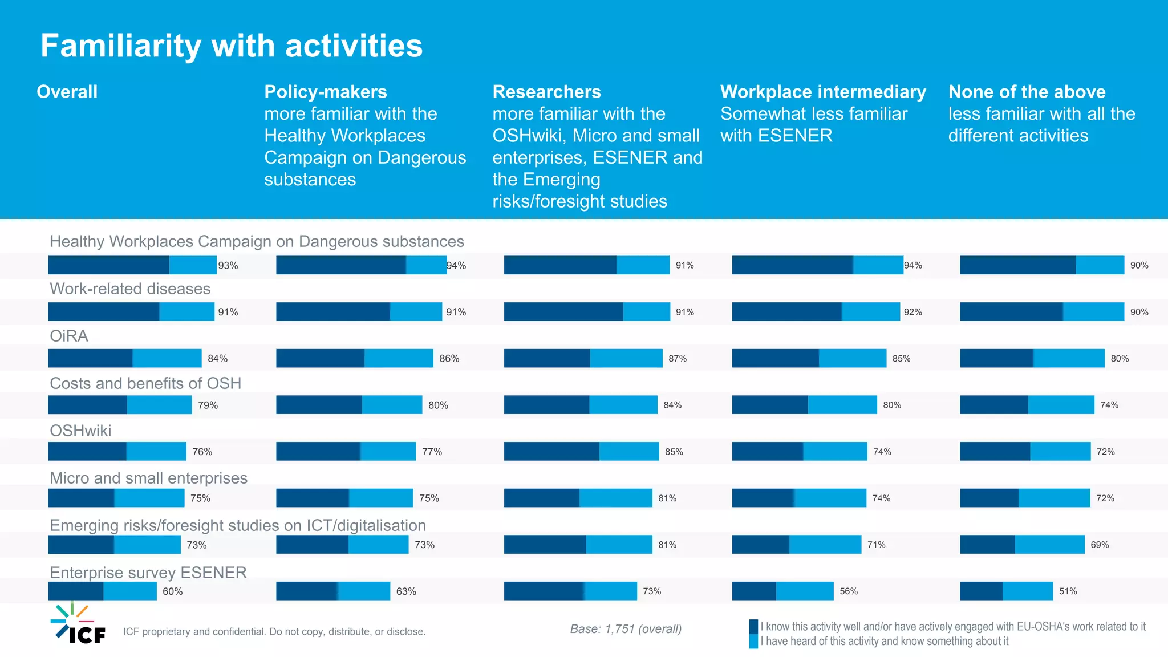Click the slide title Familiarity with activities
pyautogui.click(x=232, y=46)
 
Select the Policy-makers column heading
pyautogui.click(x=326, y=92)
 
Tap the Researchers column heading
pyautogui.click(x=546, y=92)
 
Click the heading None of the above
pyautogui.click(x=1027, y=92)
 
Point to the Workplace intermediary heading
pyautogui.click(x=823, y=92)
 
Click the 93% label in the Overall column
pyautogui.click(x=228, y=266)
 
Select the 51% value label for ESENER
pyautogui.click(x=1068, y=591)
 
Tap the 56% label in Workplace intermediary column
pyautogui.click(x=848, y=591)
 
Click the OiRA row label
pyautogui.click(x=69, y=336)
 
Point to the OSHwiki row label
pyautogui.click(x=80, y=431)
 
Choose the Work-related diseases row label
pyautogui.click(x=130, y=289)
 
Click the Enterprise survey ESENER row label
pyautogui.click(x=148, y=573)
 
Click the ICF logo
pyautogui.click(x=78, y=624)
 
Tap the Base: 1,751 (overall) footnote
pyautogui.click(x=626, y=629)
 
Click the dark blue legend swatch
pyautogui.click(x=753, y=627)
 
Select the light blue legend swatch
pyautogui.click(x=753, y=642)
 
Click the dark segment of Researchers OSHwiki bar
pyautogui.click(x=551, y=451)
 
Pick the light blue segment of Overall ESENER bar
pyautogui.click(x=129, y=591)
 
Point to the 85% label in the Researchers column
pyautogui.click(x=674, y=452)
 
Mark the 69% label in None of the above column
pyautogui.click(x=1099, y=545)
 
